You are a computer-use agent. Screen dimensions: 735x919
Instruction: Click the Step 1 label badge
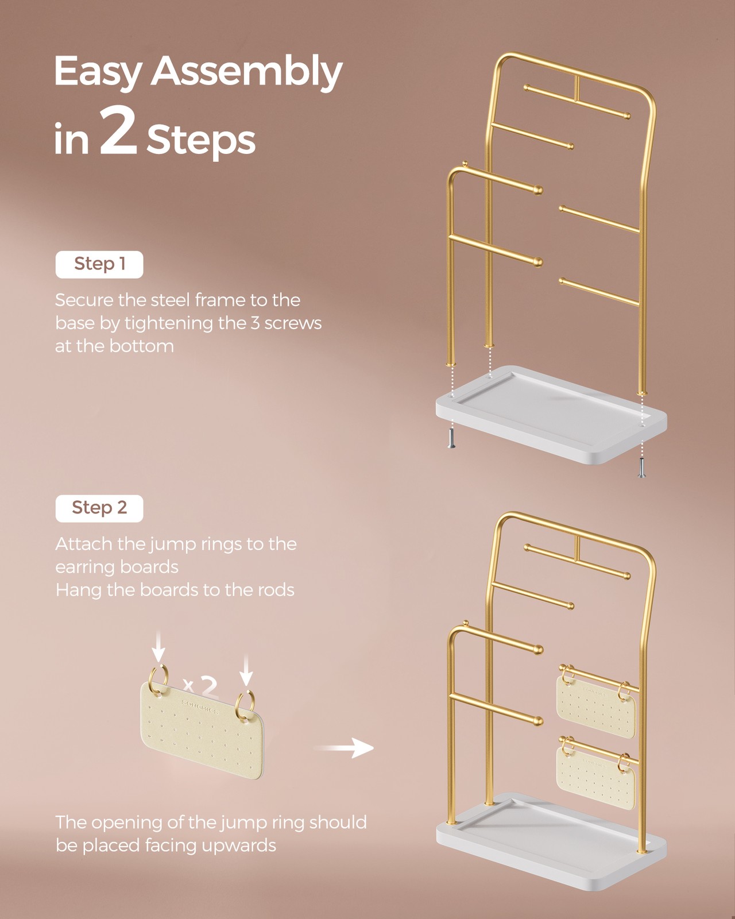(x=99, y=264)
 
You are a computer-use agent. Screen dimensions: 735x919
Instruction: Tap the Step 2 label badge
(x=99, y=508)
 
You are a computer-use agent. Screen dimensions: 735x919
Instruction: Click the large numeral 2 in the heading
(x=119, y=131)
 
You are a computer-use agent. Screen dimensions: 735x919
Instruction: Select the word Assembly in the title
(x=246, y=72)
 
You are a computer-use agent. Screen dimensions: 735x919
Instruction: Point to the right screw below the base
(x=641, y=467)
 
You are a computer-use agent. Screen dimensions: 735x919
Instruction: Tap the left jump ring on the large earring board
(x=158, y=678)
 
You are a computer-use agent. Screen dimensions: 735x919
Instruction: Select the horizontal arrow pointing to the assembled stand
(x=344, y=748)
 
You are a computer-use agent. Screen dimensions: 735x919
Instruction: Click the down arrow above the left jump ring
(x=158, y=646)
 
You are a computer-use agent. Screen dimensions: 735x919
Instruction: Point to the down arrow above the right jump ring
(x=246, y=669)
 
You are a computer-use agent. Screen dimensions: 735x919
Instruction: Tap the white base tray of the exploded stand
(x=551, y=414)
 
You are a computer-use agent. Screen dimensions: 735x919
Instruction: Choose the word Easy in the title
(x=98, y=72)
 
